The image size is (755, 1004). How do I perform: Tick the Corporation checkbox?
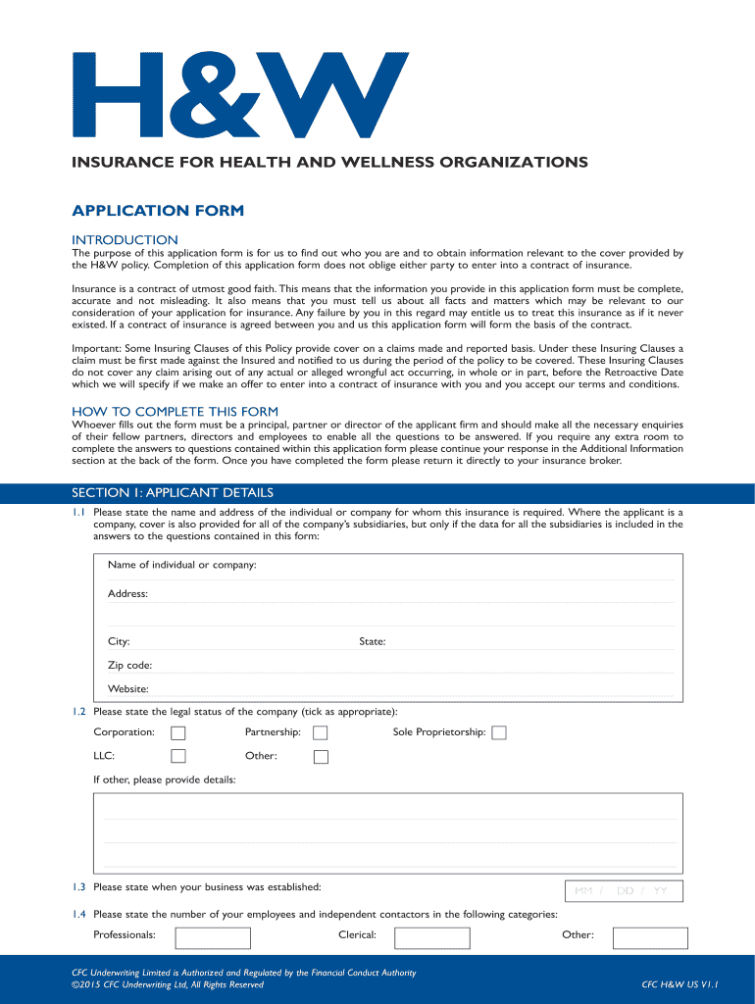pos(177,732)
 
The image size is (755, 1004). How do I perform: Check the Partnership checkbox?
pos(320,732)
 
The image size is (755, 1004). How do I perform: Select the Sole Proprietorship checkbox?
pos(499,732)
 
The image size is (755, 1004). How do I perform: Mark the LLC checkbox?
pos(177,756)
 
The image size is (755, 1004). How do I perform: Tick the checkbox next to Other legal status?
pos(320,756)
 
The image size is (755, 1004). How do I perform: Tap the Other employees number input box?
pos(650,937)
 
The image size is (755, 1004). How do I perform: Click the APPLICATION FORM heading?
pos(158,211)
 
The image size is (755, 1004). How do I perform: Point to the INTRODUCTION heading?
pos(126,240)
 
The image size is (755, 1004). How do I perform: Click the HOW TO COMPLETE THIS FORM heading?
pos(176,411)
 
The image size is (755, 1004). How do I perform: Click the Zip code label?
pos(129,666)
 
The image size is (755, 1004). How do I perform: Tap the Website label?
pos(127,689)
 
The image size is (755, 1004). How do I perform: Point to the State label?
pos(373,641)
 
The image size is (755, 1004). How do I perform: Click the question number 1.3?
pos(79,887)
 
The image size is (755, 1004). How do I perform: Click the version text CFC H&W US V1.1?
pos(680,984)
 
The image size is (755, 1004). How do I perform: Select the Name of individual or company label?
pos(182,565)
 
